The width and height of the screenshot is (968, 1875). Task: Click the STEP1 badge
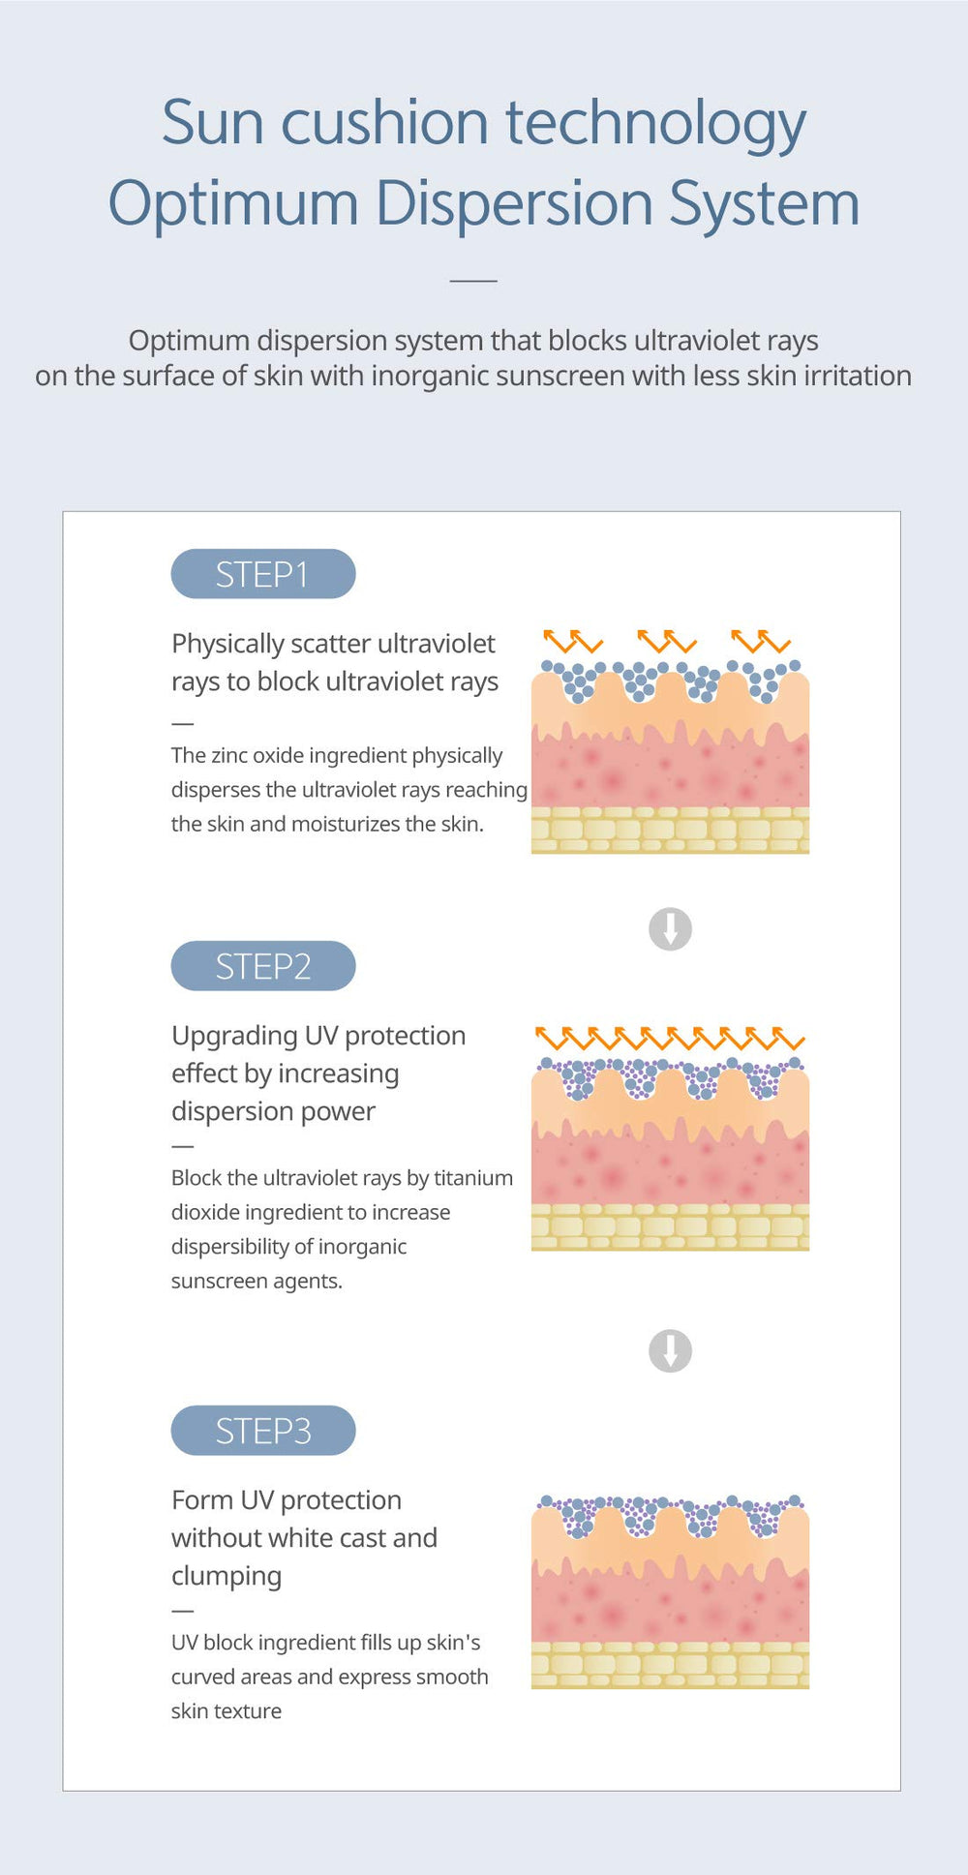263,574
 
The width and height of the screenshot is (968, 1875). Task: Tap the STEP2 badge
263,966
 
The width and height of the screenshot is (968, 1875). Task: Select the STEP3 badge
263,1431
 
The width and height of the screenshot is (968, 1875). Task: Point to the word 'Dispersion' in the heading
514,204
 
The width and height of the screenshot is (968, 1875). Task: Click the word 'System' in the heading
765,204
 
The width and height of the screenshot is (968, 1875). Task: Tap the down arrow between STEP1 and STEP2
670,929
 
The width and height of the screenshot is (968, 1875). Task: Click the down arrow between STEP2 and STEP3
670,1350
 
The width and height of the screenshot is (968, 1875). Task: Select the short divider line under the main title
473,281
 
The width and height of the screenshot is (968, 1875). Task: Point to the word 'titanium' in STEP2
473,1178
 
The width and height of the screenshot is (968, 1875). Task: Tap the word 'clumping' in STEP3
227,1577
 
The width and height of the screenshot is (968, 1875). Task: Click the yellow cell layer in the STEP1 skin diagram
670,830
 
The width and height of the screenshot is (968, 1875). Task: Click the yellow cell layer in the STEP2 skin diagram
670,1226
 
